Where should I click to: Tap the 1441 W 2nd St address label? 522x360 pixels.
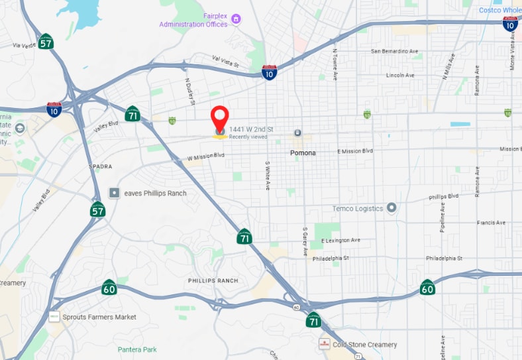(x=251, y=129)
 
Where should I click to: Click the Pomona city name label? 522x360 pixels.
(x=303, y=153)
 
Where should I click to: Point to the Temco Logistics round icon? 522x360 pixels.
(x=391, y=208)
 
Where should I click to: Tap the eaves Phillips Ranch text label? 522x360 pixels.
(x=155, y=193)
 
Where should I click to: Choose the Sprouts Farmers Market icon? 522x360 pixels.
(x=54, y=317)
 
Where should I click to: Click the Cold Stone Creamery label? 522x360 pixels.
(x=365, y=345)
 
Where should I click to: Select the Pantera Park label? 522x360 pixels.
(x=137, y=349)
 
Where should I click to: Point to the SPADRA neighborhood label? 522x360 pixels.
(x=101, y=166)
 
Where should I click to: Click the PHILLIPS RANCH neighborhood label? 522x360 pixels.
(x=212, y=280)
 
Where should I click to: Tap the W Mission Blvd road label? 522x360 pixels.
(x=206, y=157)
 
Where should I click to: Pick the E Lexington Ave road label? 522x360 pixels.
(x=340, y=240)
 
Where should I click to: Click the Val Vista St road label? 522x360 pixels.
(x=225, y=62)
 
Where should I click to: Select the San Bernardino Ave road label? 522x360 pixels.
(x=394, y=51)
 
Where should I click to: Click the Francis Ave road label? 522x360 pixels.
(x=491, y=223)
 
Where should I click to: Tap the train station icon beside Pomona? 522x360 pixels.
(x=297, y=133)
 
